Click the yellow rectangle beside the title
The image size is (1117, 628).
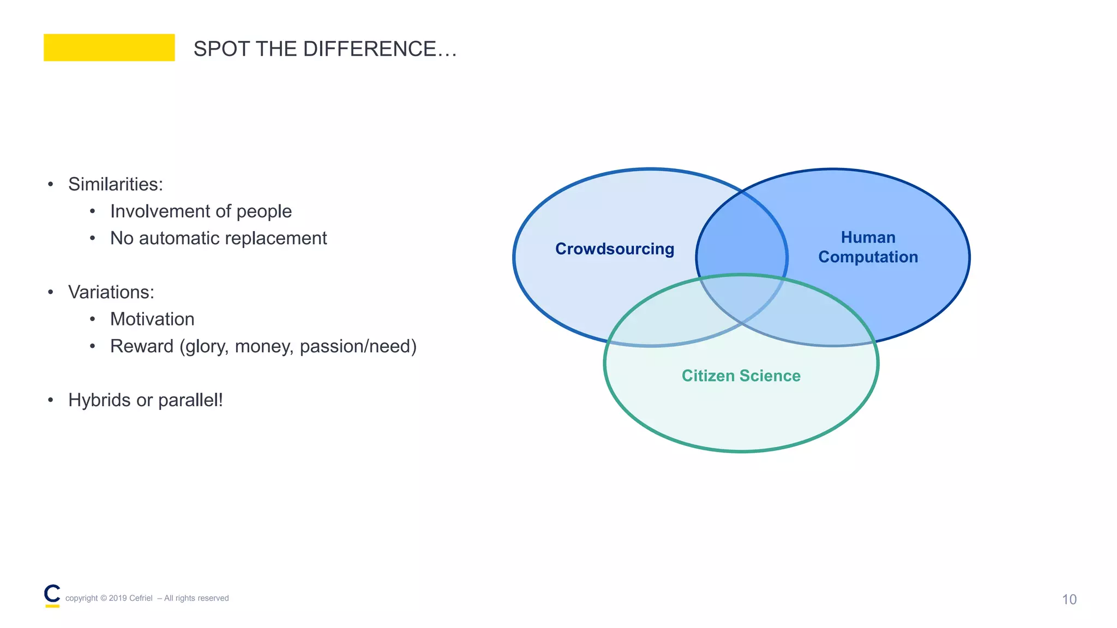109,47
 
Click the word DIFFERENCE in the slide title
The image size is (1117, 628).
369,49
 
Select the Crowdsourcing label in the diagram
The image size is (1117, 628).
615,249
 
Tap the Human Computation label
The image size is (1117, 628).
868,247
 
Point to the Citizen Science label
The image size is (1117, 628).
741,376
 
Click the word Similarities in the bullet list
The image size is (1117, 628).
115,184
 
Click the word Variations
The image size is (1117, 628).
111,292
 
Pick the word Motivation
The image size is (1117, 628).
152,319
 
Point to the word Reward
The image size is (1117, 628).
142,346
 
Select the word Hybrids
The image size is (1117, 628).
99,400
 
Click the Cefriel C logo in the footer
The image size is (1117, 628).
52,595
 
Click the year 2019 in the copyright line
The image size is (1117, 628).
118,598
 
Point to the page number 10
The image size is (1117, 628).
1069,600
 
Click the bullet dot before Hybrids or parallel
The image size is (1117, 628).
51,401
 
